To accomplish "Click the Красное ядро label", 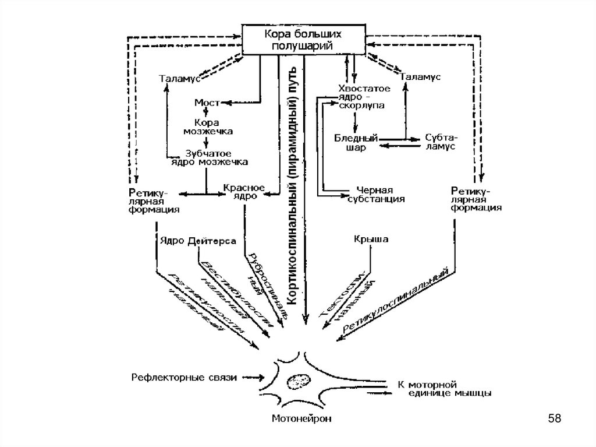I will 244,192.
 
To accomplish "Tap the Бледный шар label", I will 356,143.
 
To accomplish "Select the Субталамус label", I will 441,142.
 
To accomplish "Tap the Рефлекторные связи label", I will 182,378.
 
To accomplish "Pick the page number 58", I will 554,418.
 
